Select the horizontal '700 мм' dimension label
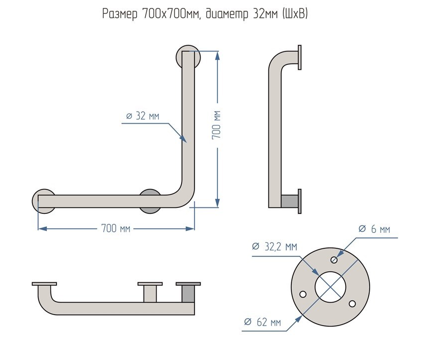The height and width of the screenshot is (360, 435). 116,228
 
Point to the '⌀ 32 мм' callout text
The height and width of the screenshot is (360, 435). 143,116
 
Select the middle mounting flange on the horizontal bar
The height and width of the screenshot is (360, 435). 150,201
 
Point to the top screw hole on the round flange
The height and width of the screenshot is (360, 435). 334,259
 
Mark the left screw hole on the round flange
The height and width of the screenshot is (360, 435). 302,294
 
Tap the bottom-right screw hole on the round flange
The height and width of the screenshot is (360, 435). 352,303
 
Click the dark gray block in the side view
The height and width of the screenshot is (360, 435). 289,201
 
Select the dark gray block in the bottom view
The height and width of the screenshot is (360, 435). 188,294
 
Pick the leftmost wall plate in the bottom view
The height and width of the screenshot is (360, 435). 44,284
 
